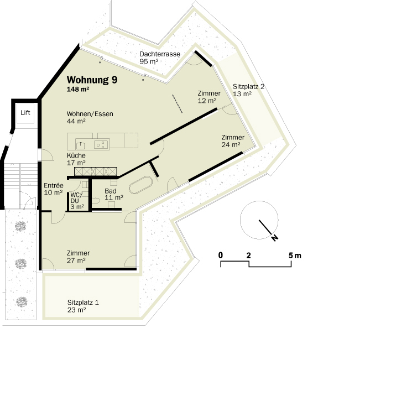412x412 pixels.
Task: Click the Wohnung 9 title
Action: [92, 80]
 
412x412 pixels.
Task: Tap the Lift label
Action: [25, 113]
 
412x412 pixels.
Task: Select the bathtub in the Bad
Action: [140, 185]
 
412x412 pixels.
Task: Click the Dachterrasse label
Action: [160, 54]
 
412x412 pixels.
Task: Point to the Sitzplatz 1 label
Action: [83, 303]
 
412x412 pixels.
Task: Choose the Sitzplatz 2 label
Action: [248, 86]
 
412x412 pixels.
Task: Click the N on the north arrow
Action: [275, 238]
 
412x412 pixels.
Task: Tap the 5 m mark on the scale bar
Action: [295, 255]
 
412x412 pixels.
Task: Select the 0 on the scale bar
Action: [221, 255]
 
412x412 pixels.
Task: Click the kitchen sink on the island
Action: [80, 145]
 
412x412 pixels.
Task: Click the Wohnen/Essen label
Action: [90, 114]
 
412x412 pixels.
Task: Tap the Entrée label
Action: [54, 185]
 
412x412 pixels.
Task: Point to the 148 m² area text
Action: [78, 90]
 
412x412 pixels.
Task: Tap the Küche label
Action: [76, 155]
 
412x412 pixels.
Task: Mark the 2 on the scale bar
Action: [248, 255]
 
